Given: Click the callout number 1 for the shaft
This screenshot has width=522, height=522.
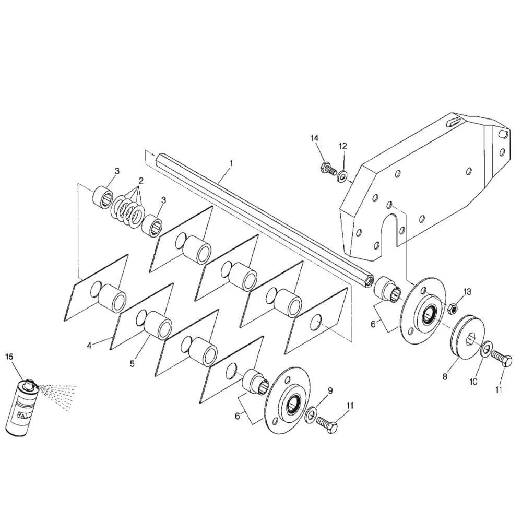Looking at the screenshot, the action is [x=231, y=163].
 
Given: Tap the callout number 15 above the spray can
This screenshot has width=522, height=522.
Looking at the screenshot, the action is [x=9, y=357].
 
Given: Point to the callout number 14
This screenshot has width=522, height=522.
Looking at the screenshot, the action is [x=315, y=138].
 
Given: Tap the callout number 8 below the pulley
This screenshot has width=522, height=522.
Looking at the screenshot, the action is [x=445, y=377].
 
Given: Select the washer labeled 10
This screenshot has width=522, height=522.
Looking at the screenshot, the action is [x=485, y=349].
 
